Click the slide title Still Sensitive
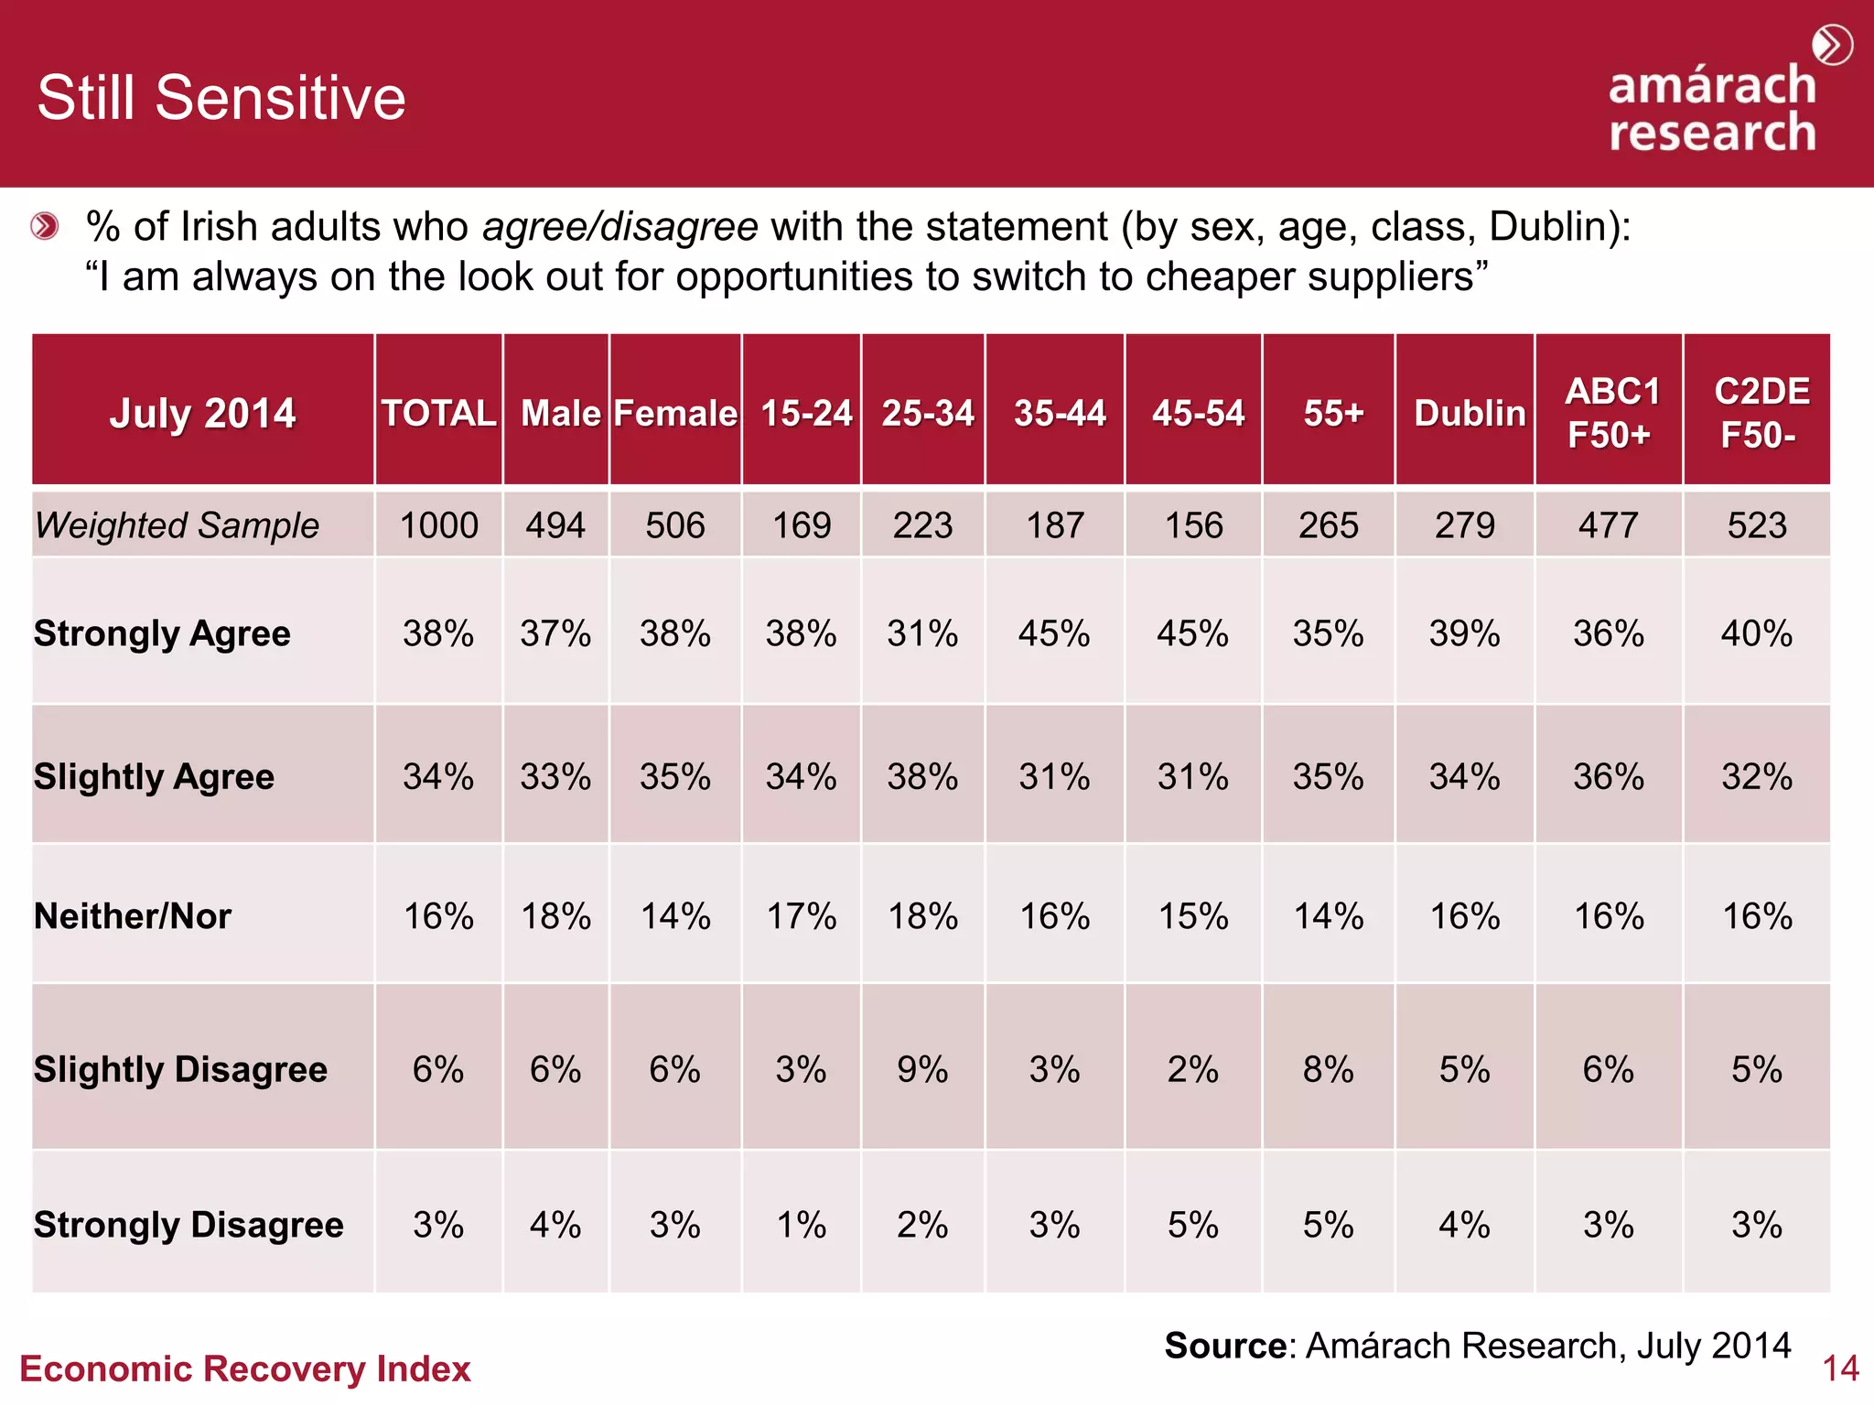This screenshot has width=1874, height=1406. [x=221, y=98]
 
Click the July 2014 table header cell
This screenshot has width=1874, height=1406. [x=202, y=413]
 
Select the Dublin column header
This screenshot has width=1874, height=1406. [x=1469, y=413]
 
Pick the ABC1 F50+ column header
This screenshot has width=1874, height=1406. [x=1610, y=413]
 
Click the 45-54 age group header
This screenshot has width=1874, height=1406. [x=1197, y=413]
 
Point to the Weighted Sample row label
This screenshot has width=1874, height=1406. [x=177, y=525]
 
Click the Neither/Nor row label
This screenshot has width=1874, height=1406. [x=133, y=916]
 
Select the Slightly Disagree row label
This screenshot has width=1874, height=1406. [x=180, y=1069]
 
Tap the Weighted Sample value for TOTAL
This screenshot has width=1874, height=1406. [x=439, y=525]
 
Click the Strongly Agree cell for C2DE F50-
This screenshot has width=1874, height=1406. [x=1756, y=633]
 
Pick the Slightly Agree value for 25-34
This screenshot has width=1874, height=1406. [x=922, y=777]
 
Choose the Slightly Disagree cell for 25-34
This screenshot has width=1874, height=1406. [x=922, y=1069]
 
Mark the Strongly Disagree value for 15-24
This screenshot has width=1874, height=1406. [x=802, y=1225]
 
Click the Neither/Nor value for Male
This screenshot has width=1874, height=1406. [x=555, y=916]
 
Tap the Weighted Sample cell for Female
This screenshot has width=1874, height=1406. [x=675, y=525]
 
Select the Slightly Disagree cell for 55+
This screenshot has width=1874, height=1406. [x=1328, y=1069]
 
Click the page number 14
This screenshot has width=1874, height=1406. [x=1839, y=1368]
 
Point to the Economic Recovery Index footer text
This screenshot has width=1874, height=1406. [x=245, y=1368]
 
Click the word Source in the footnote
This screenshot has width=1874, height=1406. [x=1225, y=1346]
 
